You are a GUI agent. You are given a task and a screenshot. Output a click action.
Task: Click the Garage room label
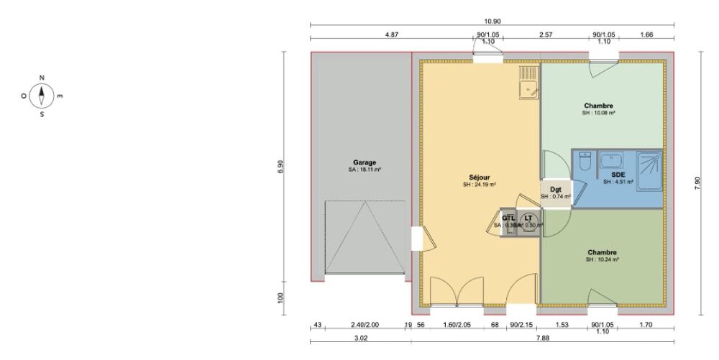pos(365,162)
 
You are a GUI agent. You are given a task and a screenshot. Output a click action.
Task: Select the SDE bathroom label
pos(618,175)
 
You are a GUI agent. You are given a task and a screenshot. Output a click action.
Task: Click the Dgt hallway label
pos(556,189)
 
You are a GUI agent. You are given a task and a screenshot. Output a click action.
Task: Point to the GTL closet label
pos(508,218)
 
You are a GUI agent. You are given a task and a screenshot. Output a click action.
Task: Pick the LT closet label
pos(528,218)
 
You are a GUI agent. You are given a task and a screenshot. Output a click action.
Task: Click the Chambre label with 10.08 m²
pos(598,106)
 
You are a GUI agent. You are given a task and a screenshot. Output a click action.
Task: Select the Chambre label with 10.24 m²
pos(602,252)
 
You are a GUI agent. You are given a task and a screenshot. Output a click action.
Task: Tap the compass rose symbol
pos(42,94)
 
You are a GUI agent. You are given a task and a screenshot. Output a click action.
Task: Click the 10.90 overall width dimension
pos(493,22)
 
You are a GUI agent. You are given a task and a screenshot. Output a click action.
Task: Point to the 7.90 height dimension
pos(697,183)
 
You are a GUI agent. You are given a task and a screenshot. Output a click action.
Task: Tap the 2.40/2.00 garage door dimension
pos(364,325)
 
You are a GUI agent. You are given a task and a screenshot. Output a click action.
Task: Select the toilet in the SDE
pos(584,162)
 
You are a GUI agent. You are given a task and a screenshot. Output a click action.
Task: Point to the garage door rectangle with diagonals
pos(364,237)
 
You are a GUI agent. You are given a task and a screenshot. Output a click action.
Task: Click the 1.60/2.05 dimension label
pos(458,325)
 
